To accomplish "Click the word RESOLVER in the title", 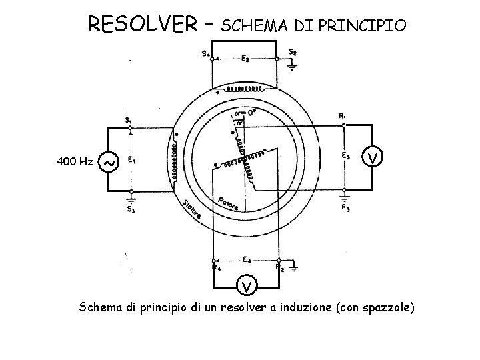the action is click(142, 25).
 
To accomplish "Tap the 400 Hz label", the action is click(75, 161).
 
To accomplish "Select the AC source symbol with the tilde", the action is click(109, 161).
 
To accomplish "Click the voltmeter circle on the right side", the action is click(375, 157).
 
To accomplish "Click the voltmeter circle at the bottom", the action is click(247, 287).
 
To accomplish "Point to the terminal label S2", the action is click(292, 52).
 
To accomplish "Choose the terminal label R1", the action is click(342, 116).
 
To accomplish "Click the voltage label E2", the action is click(245, 59).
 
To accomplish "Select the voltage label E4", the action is click(246, 259).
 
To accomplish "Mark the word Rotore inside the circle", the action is click(228, 204).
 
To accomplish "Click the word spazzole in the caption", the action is click(387, 307).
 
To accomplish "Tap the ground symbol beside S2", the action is click(292, 65).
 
